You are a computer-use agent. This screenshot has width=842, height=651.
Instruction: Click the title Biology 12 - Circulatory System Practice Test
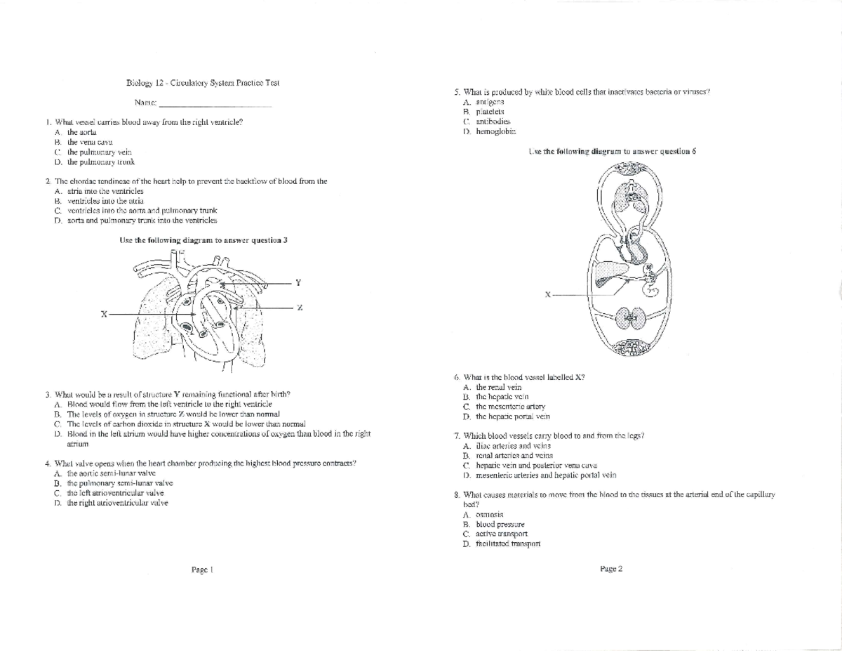203,83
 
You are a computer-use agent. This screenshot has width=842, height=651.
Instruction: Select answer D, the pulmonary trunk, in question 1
95,162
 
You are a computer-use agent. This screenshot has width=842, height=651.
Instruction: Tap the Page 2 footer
611,569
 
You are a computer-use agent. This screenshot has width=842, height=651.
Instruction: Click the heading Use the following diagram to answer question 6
610,152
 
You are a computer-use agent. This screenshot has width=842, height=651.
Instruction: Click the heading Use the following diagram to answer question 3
203,239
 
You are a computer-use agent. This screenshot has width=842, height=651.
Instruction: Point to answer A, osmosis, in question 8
489,515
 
